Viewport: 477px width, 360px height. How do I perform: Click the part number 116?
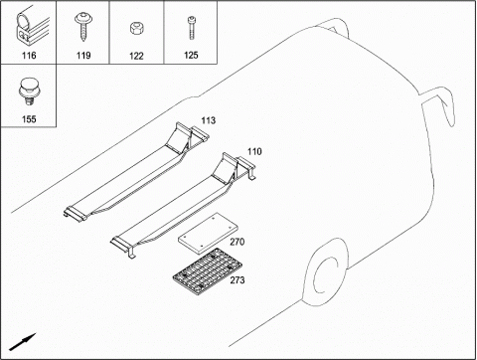pos(29,55)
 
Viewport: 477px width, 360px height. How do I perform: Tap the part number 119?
pos(83,55)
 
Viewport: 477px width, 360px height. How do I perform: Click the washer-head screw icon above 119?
pos(82,27)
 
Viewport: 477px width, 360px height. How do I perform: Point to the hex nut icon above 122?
pos(136,28)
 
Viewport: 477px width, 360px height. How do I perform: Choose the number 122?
pos(136,56)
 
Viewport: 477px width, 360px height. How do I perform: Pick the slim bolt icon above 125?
pos(192,28)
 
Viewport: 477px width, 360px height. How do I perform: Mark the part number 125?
pos(191,55)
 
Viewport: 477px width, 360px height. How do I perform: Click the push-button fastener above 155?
pos(28,91)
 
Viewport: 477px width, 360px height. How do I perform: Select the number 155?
pos(29,119)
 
